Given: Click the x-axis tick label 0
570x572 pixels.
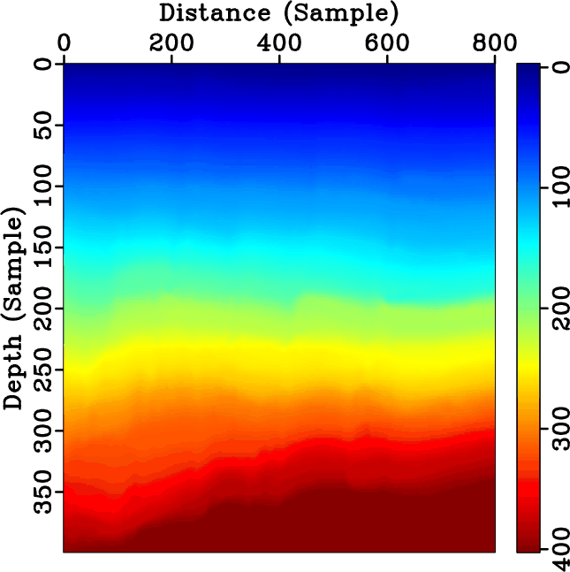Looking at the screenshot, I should pos(65,42).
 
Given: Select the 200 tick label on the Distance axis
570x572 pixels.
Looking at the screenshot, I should pos(171,42).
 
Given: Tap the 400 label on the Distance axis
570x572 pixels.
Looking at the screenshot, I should pos(279,42).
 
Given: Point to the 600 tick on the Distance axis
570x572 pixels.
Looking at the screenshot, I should pos(387,42).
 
